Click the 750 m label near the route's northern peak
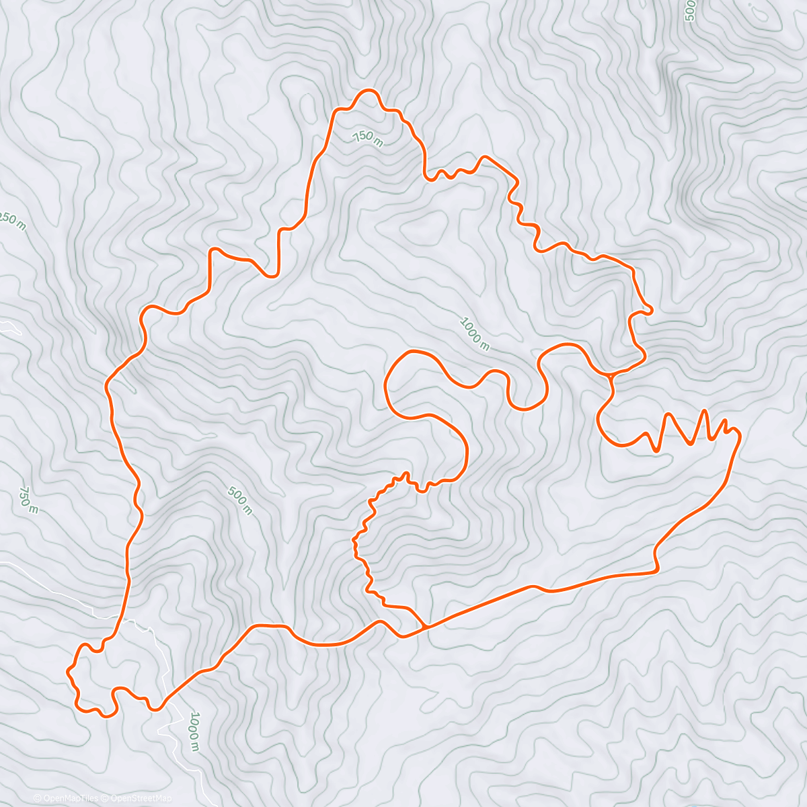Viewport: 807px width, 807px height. [368, 138]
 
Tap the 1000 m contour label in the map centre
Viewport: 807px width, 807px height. [475, 334]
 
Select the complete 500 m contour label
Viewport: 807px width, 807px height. [240, 501]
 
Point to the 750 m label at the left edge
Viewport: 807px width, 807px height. [29, 500]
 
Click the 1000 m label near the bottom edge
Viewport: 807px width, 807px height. [194, 731]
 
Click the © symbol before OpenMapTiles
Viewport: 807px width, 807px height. [38, 798]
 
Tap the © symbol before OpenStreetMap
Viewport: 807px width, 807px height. [106, 798]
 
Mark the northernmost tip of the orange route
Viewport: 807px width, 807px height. [367, 90]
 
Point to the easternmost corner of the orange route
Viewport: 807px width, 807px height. [740, 436]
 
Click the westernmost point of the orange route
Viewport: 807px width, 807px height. [67, 671]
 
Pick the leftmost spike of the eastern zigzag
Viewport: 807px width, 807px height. [668, 415]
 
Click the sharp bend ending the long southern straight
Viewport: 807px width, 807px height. [656, 571]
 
